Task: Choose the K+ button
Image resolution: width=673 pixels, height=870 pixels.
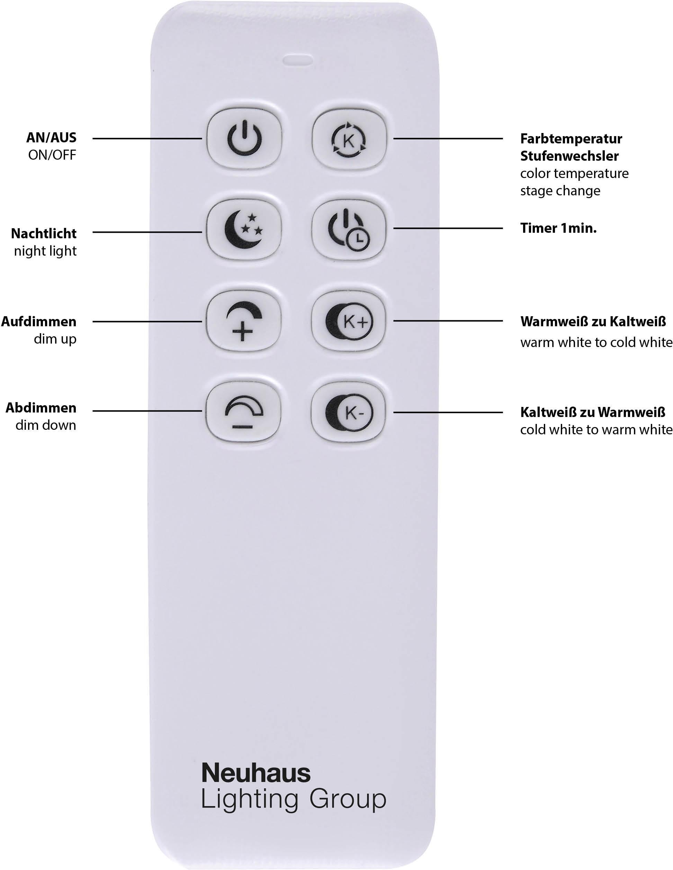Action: click(349, 321)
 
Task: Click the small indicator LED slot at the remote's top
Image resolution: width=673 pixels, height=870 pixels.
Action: click(297, 61)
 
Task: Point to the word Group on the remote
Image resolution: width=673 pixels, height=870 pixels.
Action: click(347, 799)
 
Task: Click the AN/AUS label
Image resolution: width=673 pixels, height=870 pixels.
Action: click(51, 138)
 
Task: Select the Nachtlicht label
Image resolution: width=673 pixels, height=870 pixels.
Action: click(44, 233)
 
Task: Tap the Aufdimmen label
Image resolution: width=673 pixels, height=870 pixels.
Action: click(39, 321)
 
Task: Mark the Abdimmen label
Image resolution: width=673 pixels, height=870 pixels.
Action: click(41, 408)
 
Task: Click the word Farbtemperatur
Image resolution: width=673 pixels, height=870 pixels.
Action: click(571, 139)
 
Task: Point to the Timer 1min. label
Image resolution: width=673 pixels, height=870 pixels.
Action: click(558, 228)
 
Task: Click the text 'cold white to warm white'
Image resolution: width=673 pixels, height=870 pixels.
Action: click(596, 430)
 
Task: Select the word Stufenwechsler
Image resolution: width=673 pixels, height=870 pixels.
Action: click(569, 156)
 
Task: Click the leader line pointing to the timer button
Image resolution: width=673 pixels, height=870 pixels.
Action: click(448, 228)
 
